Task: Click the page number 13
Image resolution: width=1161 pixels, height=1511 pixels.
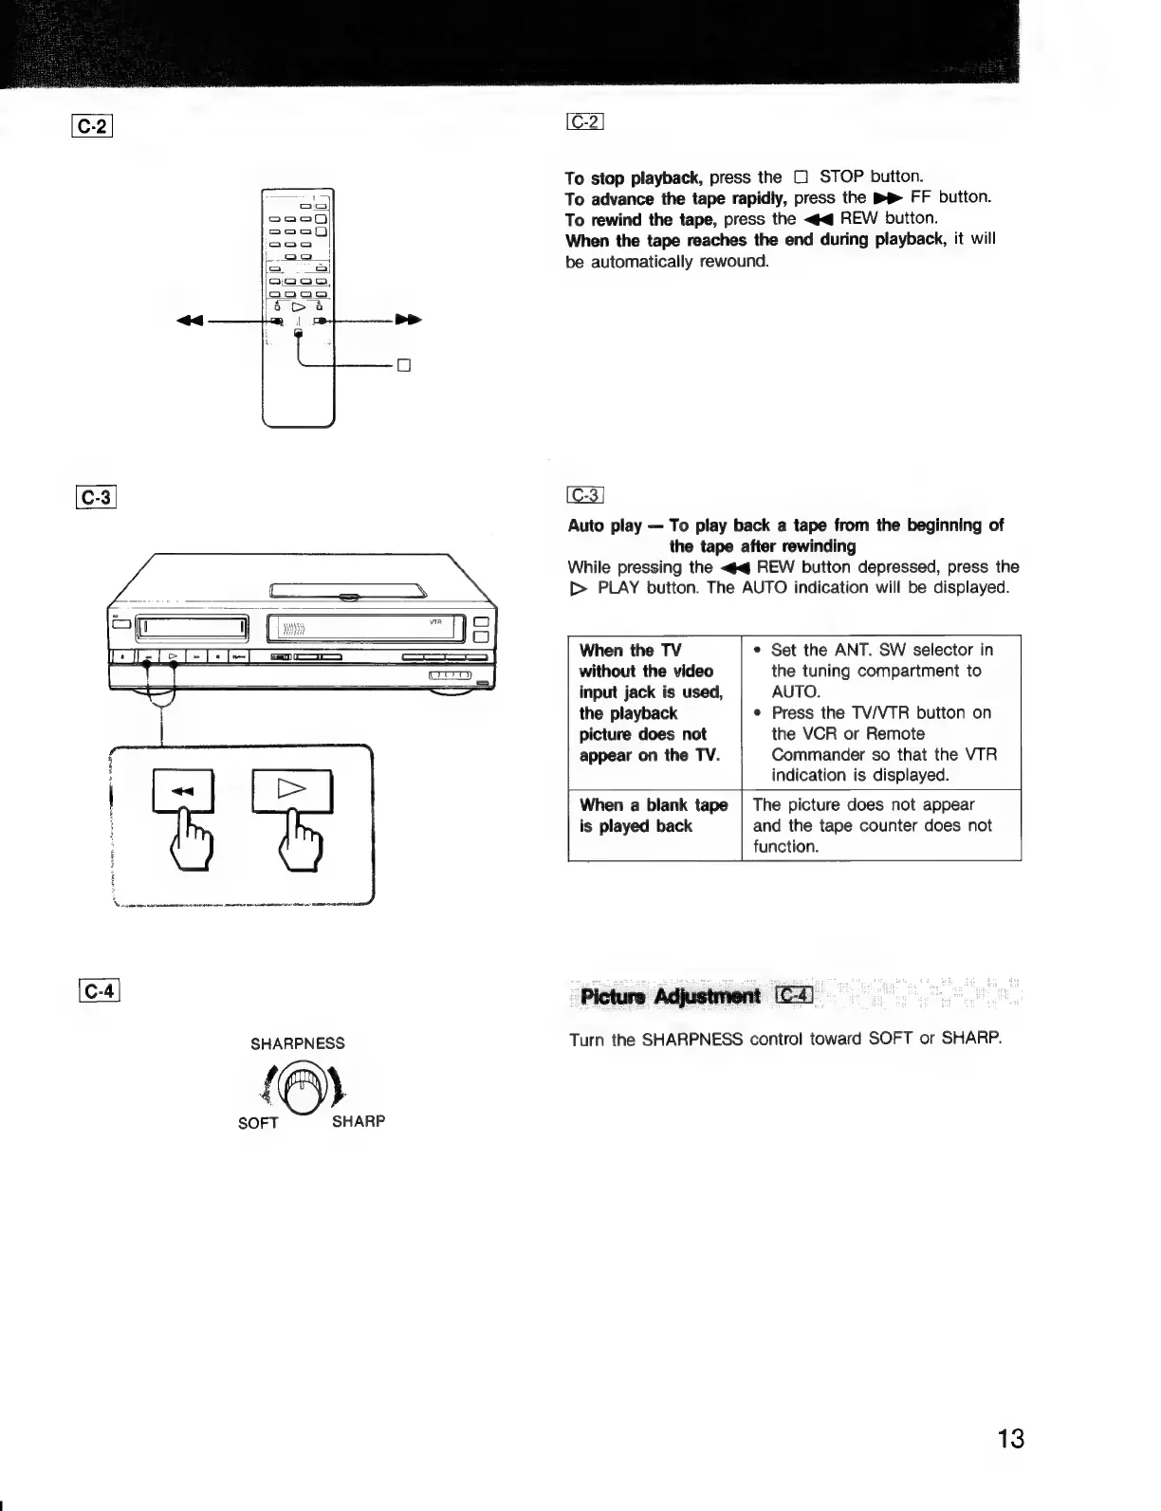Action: coord(1010,1439)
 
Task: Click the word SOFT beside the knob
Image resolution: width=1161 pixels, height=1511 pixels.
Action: coord(258,1123)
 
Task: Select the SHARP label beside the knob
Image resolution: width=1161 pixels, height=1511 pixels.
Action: coord(359,1121)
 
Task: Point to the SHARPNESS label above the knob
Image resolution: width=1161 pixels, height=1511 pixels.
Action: coord(297,1043)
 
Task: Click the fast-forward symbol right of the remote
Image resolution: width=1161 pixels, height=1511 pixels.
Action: coord(408,321)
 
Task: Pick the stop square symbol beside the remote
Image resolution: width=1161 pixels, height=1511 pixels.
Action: coord(402,365)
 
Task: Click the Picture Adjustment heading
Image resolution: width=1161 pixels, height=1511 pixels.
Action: coord(670,996)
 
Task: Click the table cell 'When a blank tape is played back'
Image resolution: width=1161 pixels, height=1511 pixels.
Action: coord(654,816)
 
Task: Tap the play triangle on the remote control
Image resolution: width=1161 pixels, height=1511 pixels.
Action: coord(299,307)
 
